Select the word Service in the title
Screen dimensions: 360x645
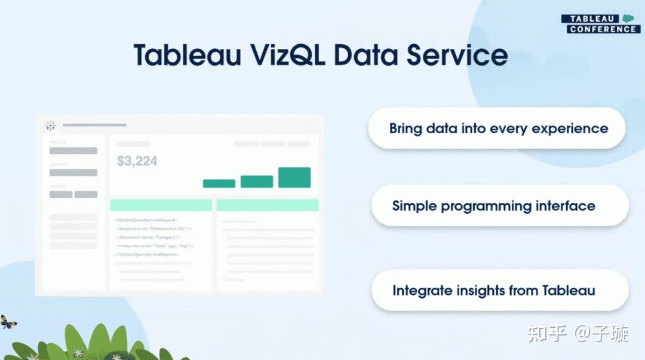coord(457,55)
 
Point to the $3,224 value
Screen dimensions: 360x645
coord(137,161)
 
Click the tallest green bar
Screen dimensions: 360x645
coord(294,177)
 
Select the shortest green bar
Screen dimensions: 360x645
coord(219,183)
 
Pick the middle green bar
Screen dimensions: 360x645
coord(256,181)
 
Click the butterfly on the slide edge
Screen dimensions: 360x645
coord(8,322)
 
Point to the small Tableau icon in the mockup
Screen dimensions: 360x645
coord(51,125)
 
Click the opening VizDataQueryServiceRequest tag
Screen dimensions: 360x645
coord(146,220)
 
